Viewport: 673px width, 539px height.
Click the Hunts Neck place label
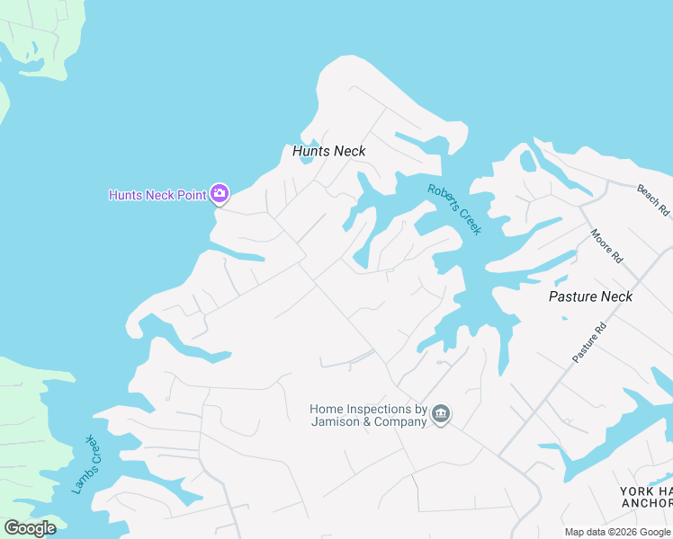pos(328,151)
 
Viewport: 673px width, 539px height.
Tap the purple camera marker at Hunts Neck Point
pos(220,193)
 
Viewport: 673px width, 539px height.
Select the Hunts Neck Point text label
pos(157,194)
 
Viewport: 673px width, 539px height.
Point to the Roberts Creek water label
pos(454,208)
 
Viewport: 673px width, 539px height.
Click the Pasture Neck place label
pos(590,296)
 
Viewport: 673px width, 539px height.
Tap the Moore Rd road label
pos(606,246)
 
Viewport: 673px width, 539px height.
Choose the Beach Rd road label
pos(653,199)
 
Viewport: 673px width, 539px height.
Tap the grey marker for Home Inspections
pos(441,414)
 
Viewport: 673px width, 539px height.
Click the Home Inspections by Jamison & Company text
pos(368,415)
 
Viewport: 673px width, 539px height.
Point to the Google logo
pos(30,528)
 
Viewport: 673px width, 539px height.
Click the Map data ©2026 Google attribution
pos(618,532)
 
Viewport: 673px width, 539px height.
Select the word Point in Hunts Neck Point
pos(189,194)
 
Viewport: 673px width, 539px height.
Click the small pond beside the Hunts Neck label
pos(309,145)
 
